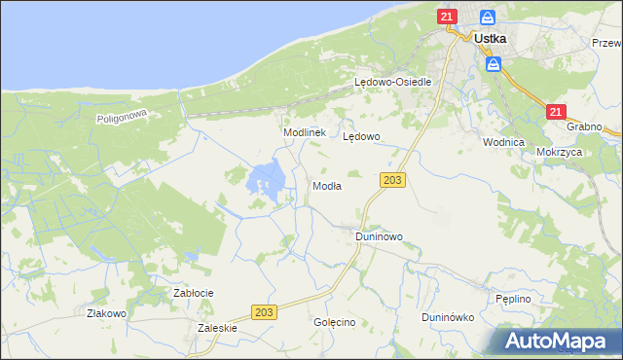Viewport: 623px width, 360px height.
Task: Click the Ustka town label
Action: click(494, 39)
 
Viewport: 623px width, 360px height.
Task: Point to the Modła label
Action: click(326, 186)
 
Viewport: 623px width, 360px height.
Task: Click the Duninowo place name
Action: click(379, 236)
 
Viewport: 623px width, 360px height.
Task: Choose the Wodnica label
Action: click(503, 141)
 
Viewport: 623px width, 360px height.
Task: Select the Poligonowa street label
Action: click(121, 117)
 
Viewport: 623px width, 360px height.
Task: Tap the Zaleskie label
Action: click(217, 329)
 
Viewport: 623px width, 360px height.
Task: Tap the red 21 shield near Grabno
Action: click(555, 112)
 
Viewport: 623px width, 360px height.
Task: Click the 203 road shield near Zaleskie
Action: click(263, 311)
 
